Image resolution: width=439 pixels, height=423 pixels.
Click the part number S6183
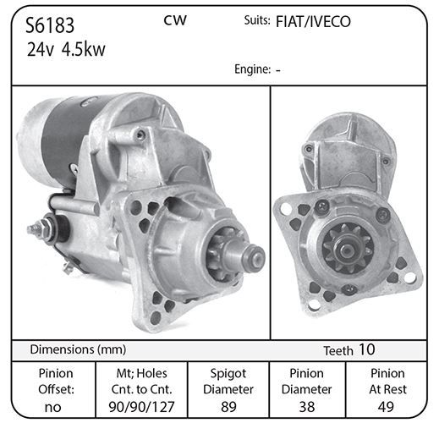point(50,25)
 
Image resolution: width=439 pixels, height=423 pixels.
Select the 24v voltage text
point(40,49)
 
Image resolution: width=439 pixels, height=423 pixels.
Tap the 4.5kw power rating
point(83,49)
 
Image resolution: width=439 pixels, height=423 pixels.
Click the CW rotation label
point(175,20)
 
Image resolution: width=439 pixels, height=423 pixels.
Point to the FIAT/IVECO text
point(313,22)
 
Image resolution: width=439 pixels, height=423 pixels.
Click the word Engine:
point(253,69)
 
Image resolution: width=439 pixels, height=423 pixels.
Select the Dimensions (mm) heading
point(78,349)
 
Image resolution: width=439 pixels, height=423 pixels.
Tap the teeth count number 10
point(367,349)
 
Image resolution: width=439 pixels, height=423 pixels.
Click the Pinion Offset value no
point(52,407)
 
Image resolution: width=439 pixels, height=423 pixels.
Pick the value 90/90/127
point(142,407)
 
